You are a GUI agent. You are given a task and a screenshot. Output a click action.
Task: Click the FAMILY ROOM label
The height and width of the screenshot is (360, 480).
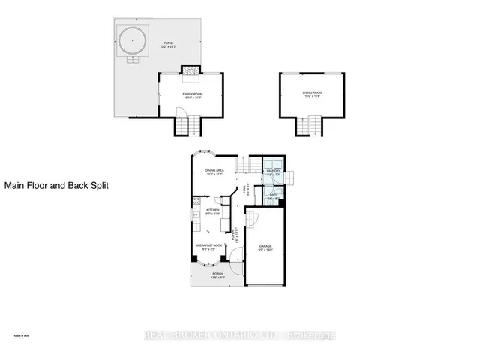(x=193, y=94)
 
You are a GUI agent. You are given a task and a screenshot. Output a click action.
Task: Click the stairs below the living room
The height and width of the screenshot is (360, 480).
(x=307, y=126)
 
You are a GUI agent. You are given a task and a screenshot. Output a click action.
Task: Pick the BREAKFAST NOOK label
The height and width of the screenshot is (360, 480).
(x=207, y=246)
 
